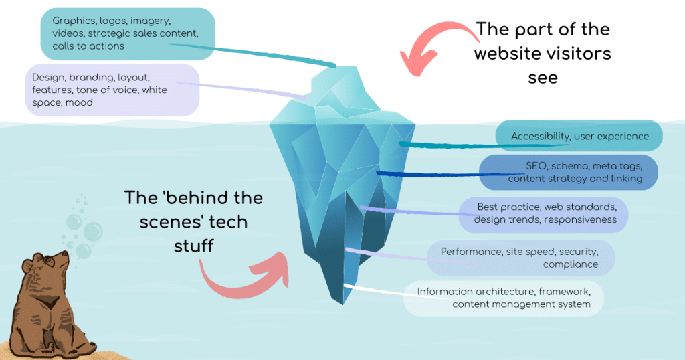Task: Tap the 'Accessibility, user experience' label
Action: pos(579,136)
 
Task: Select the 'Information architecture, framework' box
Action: pos(504,298)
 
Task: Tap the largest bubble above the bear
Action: pos(83,250)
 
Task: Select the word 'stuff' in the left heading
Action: pos(194,245)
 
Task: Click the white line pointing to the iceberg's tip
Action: pos(375,290)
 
